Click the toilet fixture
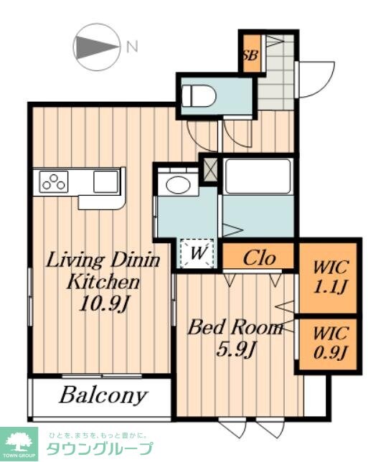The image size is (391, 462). point(199,95)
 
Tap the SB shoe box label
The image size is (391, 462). point(251,55)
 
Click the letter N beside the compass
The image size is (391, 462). point(132,47)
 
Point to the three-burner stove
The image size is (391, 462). point(54,181)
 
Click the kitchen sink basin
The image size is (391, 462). point(105,181)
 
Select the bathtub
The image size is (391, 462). point(258,176)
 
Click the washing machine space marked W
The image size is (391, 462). point(197,253)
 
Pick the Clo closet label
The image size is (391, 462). point(259,258)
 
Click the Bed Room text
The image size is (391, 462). point(235,327)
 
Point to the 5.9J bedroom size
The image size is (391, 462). point(235,349)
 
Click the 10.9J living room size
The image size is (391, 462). point(104,303)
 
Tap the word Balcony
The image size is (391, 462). point(103,395)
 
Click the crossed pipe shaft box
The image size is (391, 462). point(209,169)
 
